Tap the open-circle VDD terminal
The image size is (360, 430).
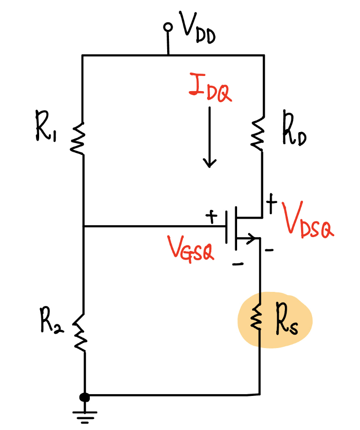168,27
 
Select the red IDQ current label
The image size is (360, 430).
210,87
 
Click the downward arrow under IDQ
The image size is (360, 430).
210,137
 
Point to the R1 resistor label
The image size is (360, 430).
46,126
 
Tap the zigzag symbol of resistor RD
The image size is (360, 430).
257,134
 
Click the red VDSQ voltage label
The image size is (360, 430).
308,221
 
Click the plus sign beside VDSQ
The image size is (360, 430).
272,203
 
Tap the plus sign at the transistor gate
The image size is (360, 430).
211,217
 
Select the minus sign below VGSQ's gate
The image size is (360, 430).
238,264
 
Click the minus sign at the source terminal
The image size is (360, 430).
269,250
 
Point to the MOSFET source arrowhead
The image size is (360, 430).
251,238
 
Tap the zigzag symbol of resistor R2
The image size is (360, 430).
80,333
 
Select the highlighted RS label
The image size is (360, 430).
287,319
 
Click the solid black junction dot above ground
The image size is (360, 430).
84,397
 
